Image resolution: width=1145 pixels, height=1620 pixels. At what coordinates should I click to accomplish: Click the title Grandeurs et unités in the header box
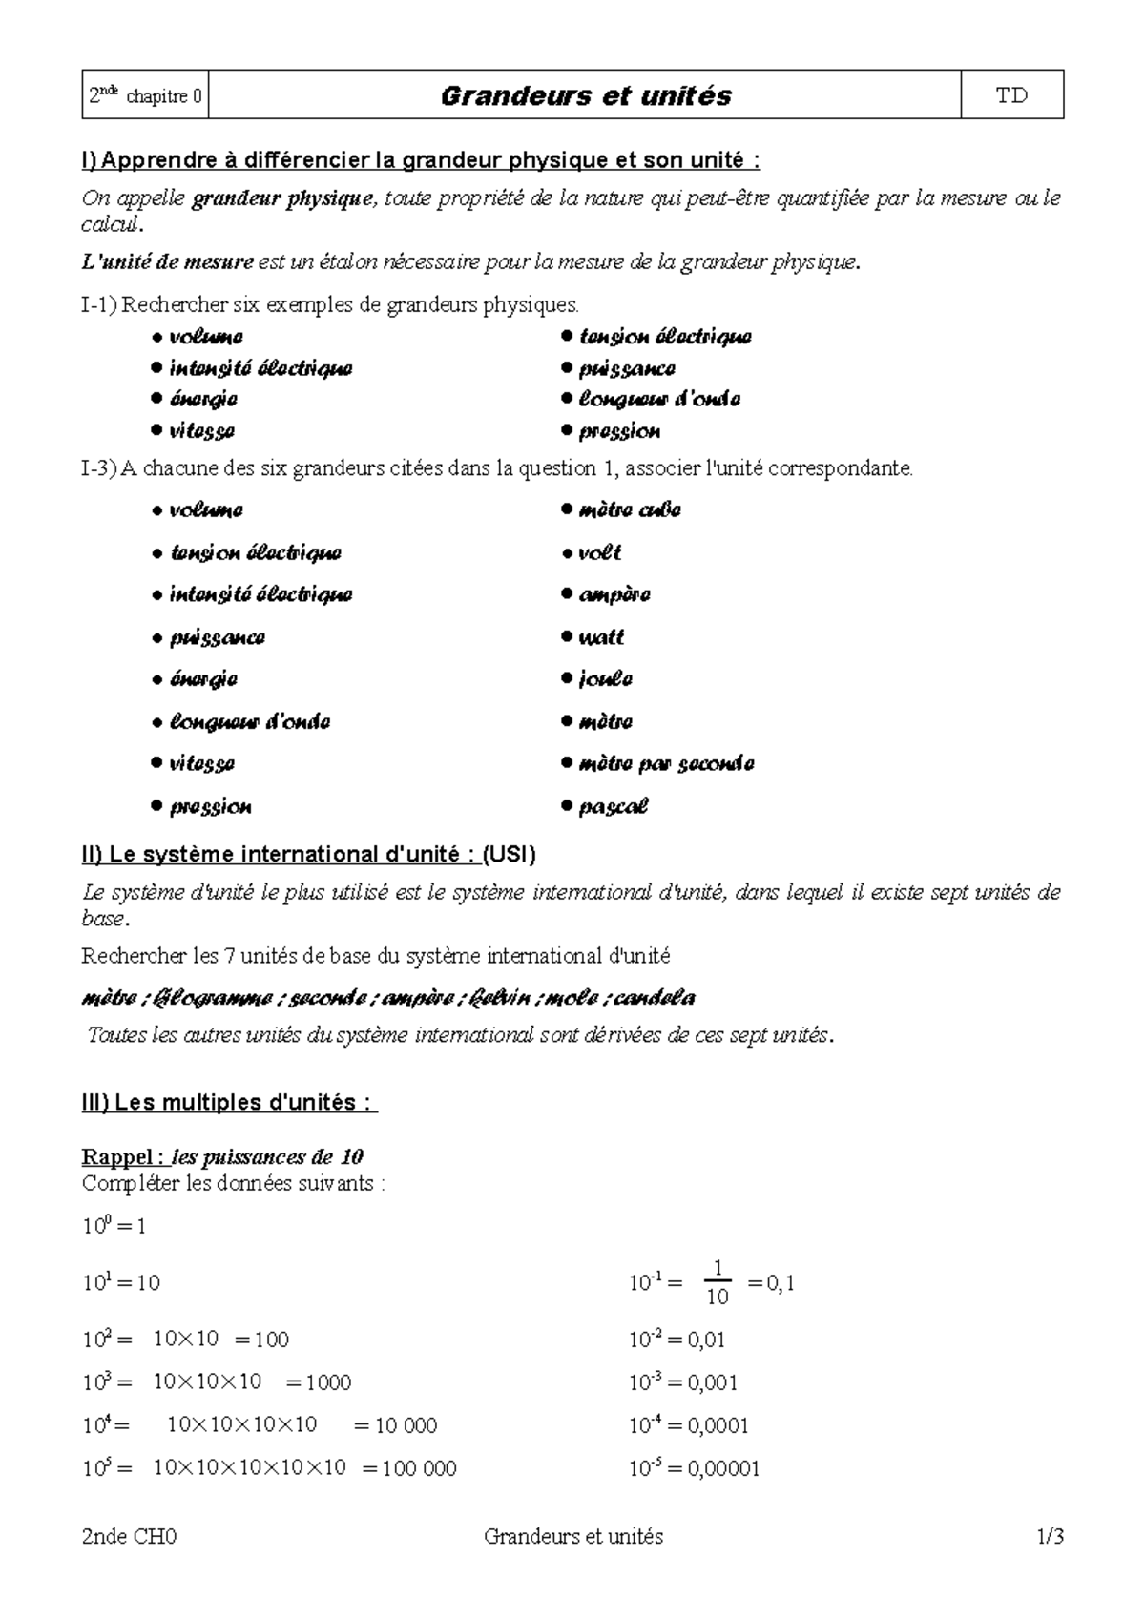(585, 95)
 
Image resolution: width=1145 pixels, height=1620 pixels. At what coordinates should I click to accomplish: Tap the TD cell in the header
(1011, 95)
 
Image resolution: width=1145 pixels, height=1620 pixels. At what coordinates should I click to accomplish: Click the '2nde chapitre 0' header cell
(145, 95)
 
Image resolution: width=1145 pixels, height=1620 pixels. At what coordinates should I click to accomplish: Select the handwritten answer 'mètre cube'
(629, 510)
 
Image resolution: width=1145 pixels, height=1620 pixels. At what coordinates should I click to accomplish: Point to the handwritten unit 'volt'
(599, 553)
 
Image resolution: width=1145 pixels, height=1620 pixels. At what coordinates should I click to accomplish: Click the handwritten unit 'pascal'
(613, 807)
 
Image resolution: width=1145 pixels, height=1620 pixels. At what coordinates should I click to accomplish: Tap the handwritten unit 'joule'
(605, 679)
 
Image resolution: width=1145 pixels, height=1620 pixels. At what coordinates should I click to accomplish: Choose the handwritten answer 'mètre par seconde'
(666, 764)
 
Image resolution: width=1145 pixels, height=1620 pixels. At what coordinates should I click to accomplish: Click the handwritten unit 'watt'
(601, 637)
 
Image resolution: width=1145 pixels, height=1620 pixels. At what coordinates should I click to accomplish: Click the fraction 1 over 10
(717, 1282)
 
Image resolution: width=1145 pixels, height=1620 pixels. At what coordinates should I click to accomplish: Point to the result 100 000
(419, 1468)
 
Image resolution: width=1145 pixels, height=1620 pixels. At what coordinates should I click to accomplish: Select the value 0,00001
(723, 1468)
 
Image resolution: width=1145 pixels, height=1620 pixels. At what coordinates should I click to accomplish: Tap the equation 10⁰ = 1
(114, 1226)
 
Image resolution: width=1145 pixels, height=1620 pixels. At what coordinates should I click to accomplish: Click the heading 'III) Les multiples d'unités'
(229, 1103)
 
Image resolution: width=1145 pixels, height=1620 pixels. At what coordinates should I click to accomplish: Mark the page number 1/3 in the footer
(1050, 1537)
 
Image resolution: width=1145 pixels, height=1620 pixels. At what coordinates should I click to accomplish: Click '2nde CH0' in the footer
(130, 1537)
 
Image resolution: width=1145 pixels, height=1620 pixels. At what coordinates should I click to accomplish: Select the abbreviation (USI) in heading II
(509, 855)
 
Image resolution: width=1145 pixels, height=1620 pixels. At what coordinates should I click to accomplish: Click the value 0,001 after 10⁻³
(712, 1382)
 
